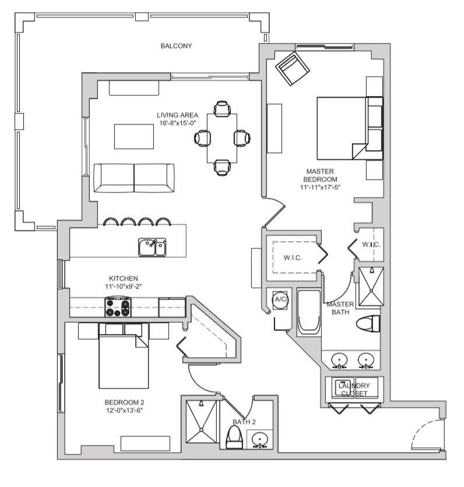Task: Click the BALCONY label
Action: click(x=176, y=46)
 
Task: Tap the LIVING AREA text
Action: click(x=178, y=115)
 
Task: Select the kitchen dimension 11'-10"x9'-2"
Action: click(x=124, y=286)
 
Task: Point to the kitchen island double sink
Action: click(x=152, y=247)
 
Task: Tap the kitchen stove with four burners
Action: click(x=118, y=307)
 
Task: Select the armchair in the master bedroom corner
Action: click(x=292, y=67)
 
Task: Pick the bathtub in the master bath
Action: click(x=308, y=313)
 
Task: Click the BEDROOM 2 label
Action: click(x=124, y=402)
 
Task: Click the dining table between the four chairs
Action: click(x=222, y=138)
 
